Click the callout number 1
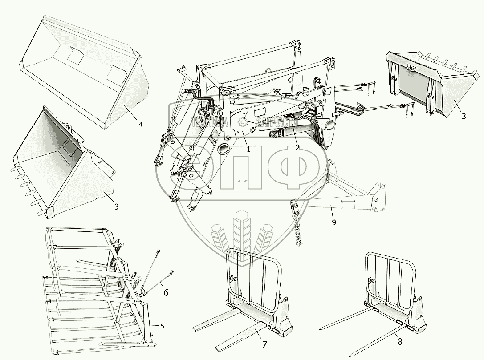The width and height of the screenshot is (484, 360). (248, 150)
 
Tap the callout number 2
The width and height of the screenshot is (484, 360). (297, 148)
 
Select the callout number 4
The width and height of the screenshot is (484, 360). (140, 124)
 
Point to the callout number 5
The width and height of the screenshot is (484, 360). (162, 326)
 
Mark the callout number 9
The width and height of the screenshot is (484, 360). (334, 222)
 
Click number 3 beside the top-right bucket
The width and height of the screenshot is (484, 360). (464, 116)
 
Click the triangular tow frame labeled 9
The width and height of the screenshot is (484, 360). (338, 196)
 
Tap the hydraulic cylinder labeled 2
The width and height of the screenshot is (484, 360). (285, 131)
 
